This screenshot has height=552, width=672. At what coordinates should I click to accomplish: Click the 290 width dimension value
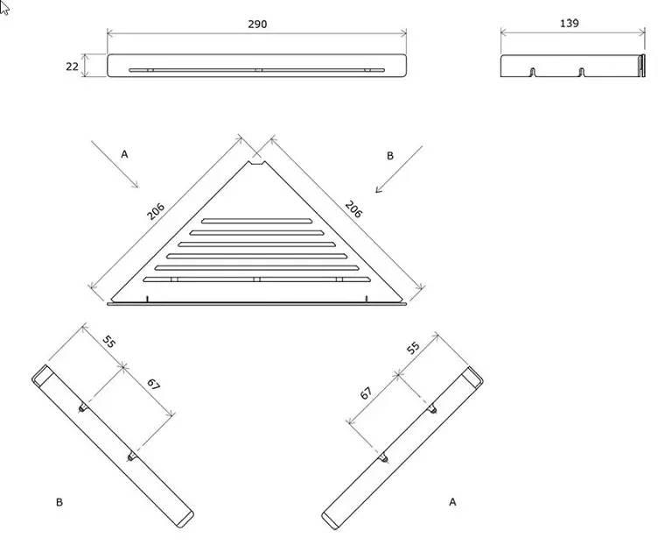[257, 24]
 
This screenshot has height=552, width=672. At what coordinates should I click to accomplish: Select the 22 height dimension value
[72, 67]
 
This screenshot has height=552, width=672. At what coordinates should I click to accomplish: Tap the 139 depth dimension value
[569, 23]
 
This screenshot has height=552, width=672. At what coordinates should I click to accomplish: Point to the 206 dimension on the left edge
[156, 211]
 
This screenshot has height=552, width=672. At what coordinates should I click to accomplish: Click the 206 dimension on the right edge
[353, 209]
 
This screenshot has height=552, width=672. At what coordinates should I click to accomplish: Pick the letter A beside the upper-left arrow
[124, 154]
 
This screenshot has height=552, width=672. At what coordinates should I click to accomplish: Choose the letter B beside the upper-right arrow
[390, 156]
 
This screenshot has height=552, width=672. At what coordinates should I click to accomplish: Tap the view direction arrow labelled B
[399, 169]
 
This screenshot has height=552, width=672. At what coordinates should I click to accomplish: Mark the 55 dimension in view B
[109, 342]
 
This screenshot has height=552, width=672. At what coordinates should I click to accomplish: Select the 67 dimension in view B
[153, 385]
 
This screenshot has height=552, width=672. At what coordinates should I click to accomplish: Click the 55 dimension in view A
[413, 348]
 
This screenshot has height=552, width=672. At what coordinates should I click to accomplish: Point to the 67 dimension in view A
[366, 393]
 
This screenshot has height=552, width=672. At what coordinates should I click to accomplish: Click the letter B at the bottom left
[59, 502]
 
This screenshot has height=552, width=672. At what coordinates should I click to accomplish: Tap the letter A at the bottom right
[452, 502]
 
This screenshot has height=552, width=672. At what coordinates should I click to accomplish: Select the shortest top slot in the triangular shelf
[257, 221]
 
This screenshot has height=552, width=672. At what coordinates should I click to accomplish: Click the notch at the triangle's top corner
[257, 163]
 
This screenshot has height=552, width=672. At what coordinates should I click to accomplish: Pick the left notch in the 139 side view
[533, 72]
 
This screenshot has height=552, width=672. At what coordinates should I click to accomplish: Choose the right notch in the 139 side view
[582, 72]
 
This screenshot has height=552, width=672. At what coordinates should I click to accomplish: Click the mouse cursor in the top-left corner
[4, 8]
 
